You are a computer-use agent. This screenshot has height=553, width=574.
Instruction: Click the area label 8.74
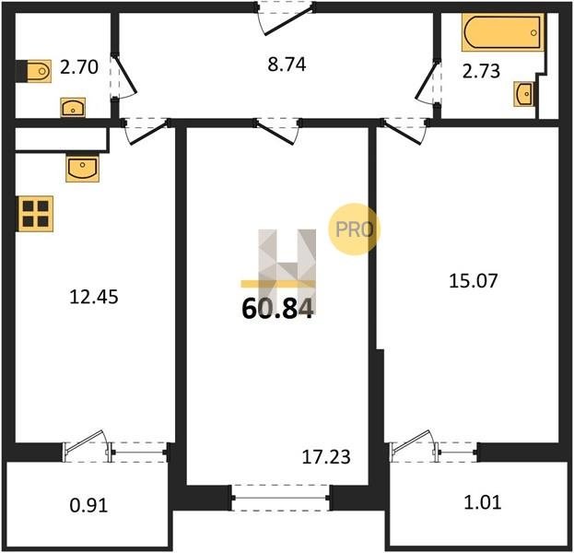(x=287, y=65)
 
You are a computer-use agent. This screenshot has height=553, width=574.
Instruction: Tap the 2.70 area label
(x=79, y=67)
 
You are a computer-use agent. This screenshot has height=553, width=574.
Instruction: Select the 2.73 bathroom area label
(x=481, y=71)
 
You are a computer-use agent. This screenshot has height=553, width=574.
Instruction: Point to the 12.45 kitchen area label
(x=94, y=297)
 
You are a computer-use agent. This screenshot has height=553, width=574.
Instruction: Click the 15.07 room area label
(x=474, y=281)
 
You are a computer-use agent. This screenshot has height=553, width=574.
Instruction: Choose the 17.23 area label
(x=326, y=456)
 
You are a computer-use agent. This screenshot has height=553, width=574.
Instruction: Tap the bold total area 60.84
(x=277, y=309)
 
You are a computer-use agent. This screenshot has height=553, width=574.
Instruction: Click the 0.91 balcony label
(x=88, y=505)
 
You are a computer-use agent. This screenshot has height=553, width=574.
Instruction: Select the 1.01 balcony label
(x=483, y=502)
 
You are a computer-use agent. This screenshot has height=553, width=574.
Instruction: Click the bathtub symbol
(x=503, y=32)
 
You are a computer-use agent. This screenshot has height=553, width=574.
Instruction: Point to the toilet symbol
(x=34, y=71)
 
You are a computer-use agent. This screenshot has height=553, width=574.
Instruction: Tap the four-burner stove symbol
(x=35, y=214)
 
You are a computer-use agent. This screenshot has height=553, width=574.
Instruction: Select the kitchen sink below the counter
(x=82, y=169)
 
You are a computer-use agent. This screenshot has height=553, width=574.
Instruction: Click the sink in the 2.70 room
(x=73, y=107)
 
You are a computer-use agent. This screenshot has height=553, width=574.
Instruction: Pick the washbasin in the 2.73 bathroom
(x=524, y=94)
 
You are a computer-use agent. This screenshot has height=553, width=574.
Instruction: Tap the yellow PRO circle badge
(x=354, y=229)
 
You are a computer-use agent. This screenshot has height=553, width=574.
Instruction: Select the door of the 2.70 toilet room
(x=123, y=76)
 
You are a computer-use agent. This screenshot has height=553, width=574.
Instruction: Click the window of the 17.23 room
(x=280, y=498)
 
